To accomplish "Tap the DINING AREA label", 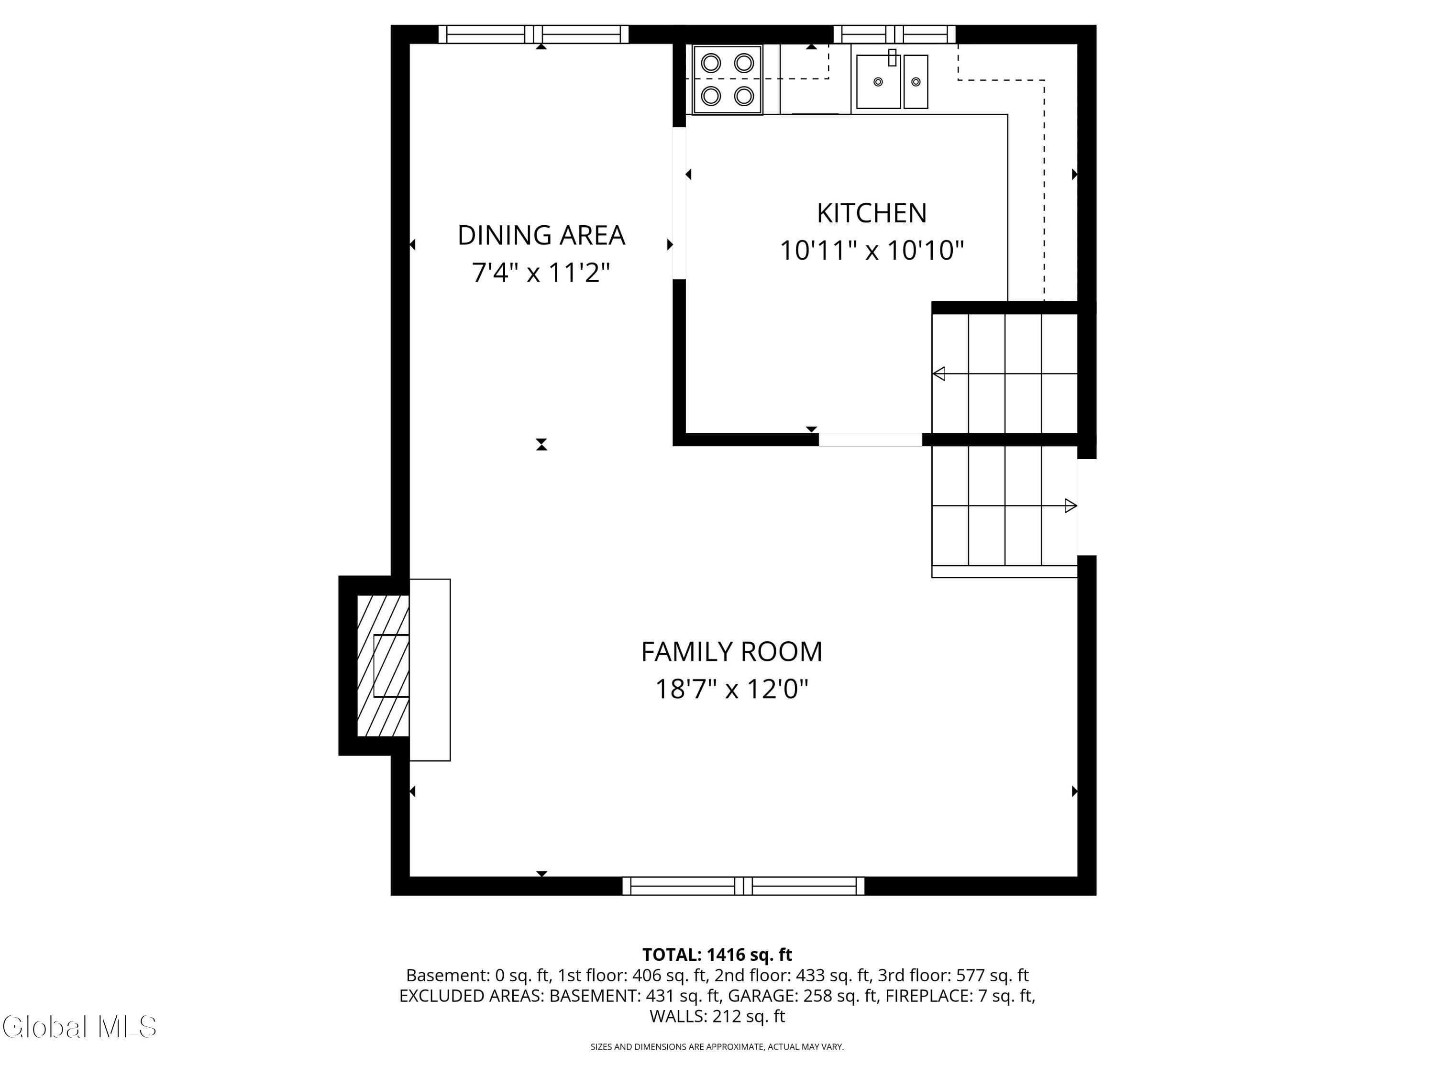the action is pos(541,235).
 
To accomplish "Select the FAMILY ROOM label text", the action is pos(732,651).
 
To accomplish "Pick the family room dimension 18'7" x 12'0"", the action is pos(732,688).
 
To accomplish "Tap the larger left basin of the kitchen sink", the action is pos(878,82).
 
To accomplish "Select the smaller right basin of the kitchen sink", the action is pos(916,82).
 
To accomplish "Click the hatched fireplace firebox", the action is pos(383,666).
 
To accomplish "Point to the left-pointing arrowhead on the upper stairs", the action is pos(938,373).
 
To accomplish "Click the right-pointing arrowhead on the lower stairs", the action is pos(1071,506).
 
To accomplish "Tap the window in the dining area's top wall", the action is pos(533,34).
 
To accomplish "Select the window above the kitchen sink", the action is pos(894,34).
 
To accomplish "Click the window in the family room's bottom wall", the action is pos(743,886).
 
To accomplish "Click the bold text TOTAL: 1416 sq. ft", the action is pos(717,955).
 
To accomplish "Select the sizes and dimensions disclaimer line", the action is pos(717,1047).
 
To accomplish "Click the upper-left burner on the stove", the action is pos(711,63).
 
